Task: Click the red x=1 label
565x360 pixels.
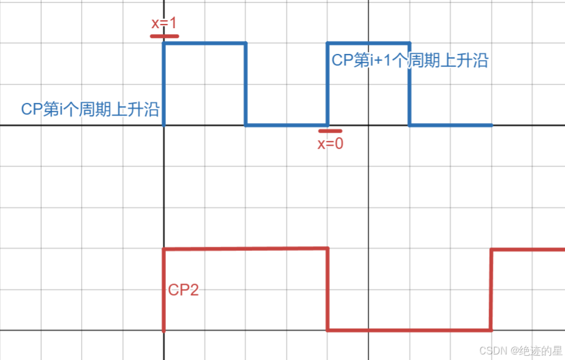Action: click(x=163, y=23)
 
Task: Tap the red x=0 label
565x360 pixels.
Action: click(x=330, y=144)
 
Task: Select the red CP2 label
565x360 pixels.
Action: click(x=184, y=290)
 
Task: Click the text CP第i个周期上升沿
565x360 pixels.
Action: click(x=90, y=110)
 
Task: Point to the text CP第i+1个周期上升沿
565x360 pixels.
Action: click(x=410, y=61)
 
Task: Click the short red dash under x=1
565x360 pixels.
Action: click(x=164, y=36)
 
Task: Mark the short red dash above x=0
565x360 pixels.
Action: click(x=331, y=130)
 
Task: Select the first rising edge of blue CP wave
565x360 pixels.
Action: click(x=164, y=84)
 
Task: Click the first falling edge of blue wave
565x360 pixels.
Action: click(x=245, y=84)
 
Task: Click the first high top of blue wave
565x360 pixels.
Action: click(x=204, y=43)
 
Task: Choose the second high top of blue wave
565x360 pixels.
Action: click(x=369, y=43)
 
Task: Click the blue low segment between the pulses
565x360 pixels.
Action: click(x=286, y=126)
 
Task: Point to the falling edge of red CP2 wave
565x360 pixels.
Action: click(x=327, y=289)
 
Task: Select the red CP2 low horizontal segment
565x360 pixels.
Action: click(x=409, y=331)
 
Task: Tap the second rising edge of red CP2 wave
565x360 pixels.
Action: click(x=491, y=290)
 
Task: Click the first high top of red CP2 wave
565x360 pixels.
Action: click(x=245, y=249)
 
